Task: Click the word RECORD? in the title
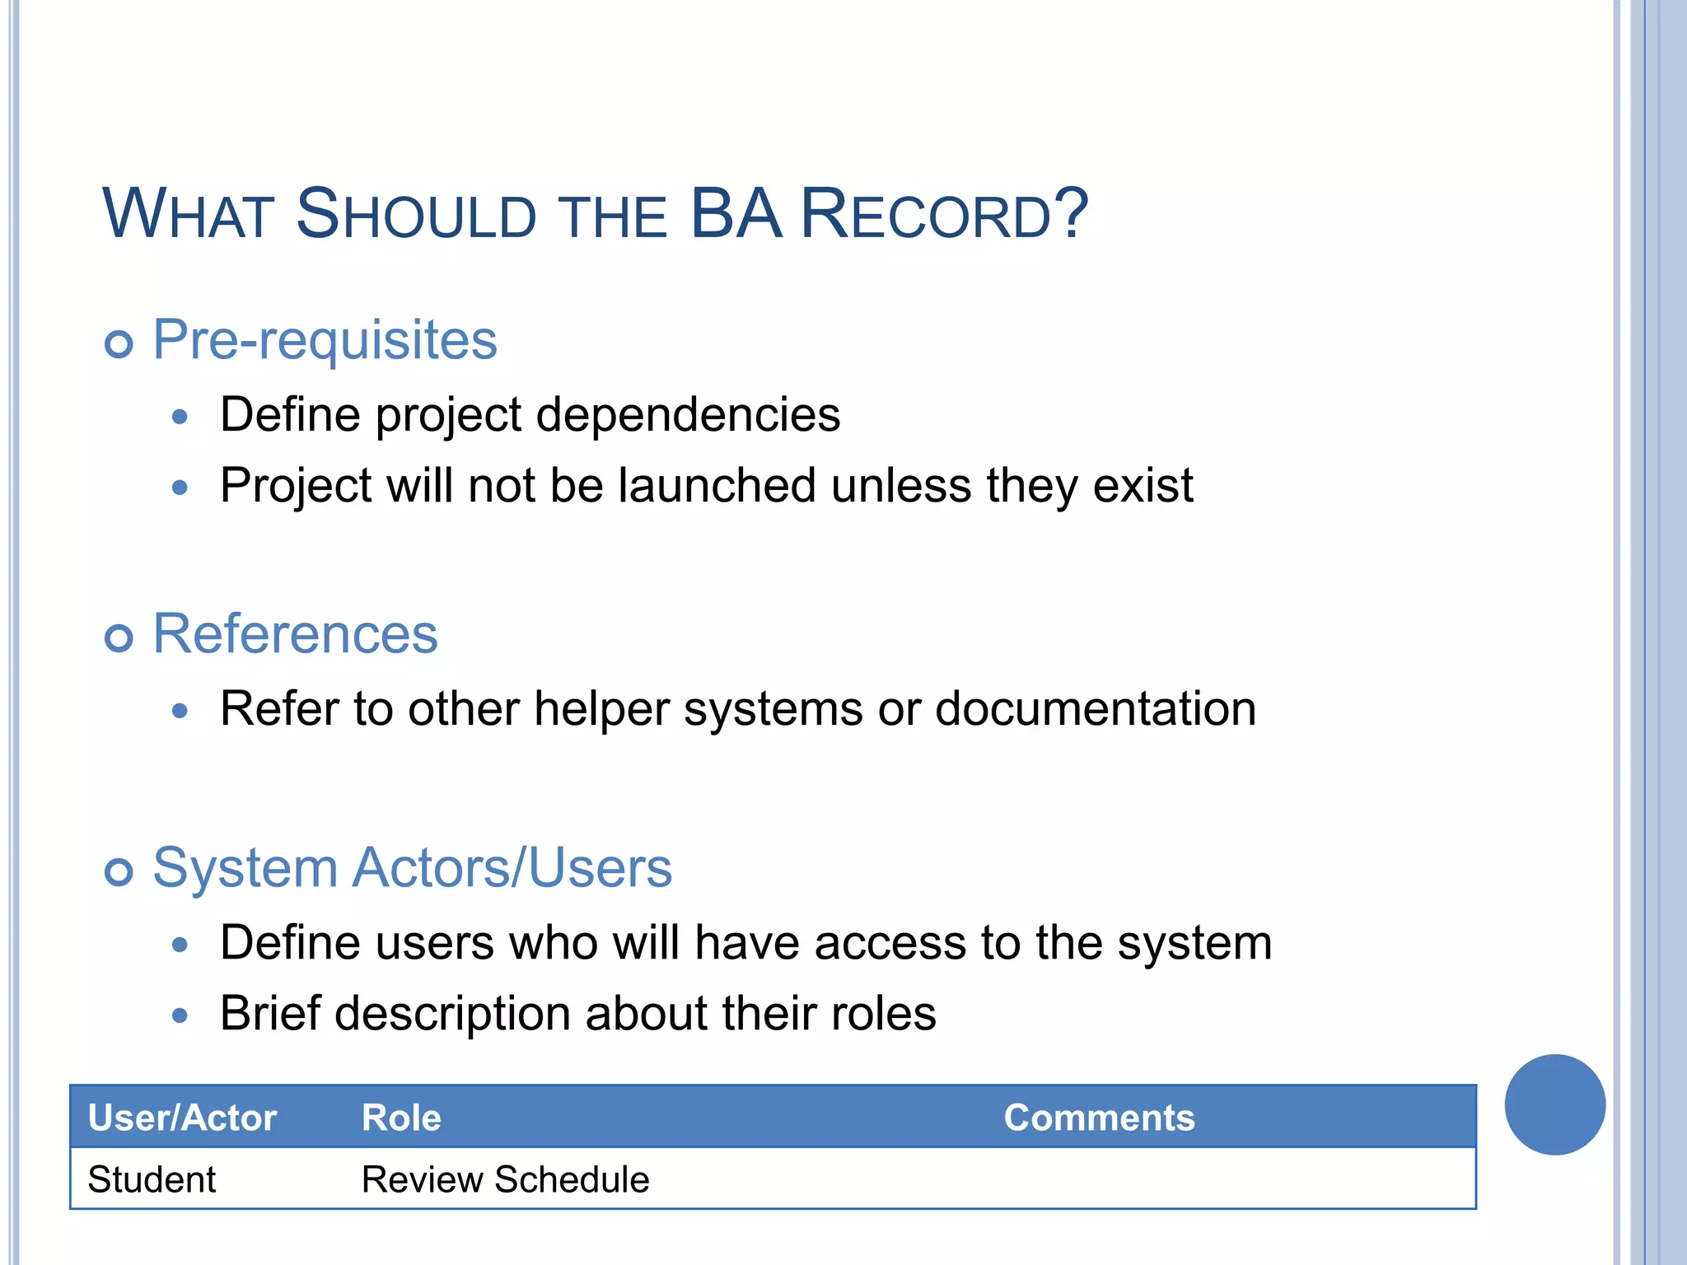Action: coord(944,214)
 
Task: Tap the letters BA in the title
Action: coord(735,214)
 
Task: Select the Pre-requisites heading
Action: coord(325,339)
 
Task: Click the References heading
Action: coord(295,634)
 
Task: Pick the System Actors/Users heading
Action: coord(412,868)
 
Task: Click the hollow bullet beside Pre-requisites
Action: coord(119,343)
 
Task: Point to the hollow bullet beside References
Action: coord(119,637)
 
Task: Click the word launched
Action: coord(717,485)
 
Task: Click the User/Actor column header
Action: coord(182,1118)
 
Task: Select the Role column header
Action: coord(401,1118)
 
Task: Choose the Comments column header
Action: coord(1099,1118)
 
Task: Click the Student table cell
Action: coord(152,1179)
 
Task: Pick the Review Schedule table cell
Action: coord(505,1179)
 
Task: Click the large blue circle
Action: coord(1554,1104)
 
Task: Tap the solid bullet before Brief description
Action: coord(180,1015)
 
